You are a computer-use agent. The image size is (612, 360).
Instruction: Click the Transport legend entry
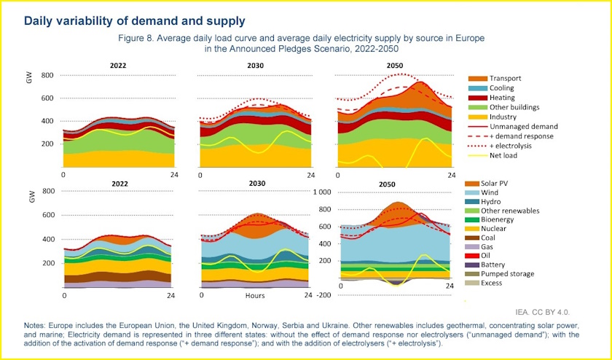[504, 78]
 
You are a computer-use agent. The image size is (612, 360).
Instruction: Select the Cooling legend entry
[501, 87]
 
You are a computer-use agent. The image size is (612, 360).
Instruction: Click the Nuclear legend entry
[502, 231]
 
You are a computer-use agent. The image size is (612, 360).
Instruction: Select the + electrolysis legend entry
[512, 146]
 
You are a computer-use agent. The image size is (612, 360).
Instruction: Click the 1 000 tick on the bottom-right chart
[322, 192]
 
